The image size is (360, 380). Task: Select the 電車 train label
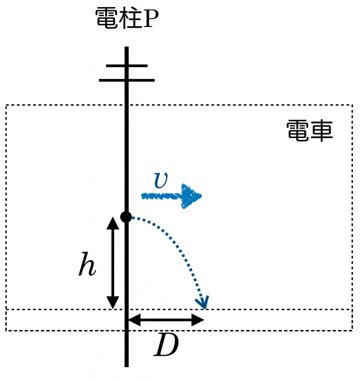(x=309, y=130)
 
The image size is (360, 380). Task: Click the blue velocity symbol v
(x=160, y=180)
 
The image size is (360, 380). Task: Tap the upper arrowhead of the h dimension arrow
(x=113, y=222)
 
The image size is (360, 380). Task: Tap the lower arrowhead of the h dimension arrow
(x=113, y=303)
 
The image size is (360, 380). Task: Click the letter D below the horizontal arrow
(x=166, y=345)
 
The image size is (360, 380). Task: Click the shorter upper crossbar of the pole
(x=127, y=66)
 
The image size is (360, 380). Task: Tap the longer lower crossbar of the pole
(x=127, y=80)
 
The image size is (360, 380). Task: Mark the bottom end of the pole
(x=127, y=366)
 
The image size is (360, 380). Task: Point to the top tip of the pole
(x=127, y=48)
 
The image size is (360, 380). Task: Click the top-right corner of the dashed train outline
(x=352, y=105)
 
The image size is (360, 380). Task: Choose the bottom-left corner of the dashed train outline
(x=6, y=330)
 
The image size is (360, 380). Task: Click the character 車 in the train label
(x=321, y=130)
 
